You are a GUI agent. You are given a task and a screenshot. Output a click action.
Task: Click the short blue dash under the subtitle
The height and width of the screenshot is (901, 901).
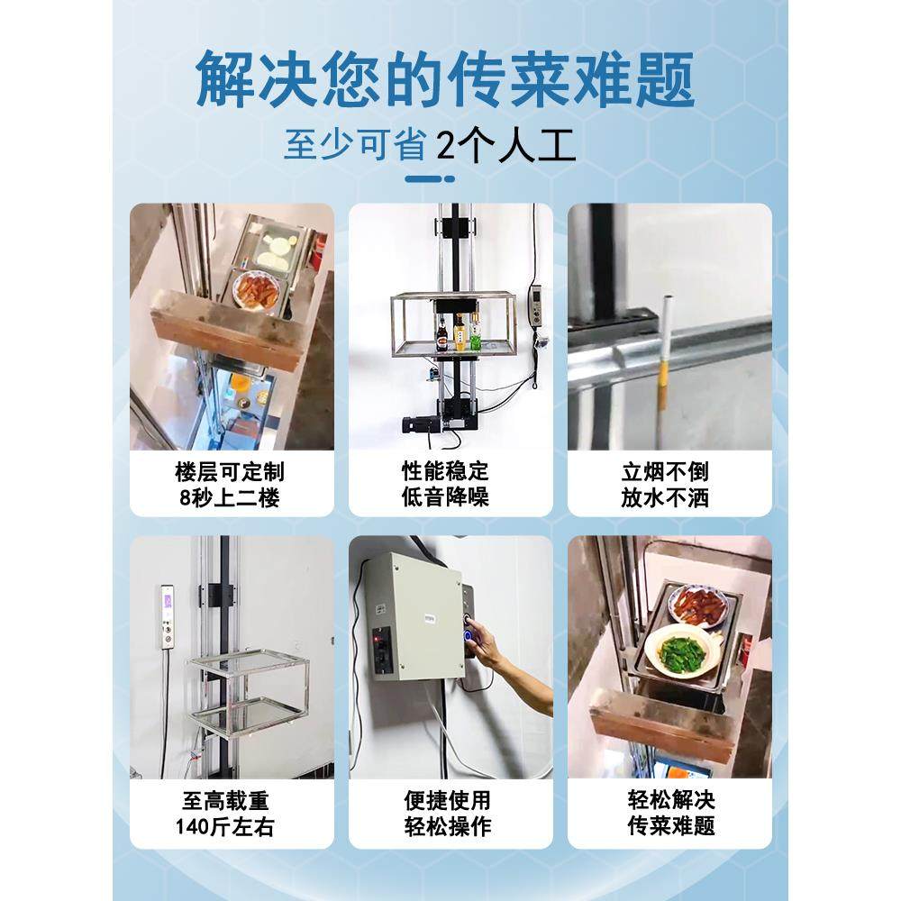pyautogui.click(x=430, y=178)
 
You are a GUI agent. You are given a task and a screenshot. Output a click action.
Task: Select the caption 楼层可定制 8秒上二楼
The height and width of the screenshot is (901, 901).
pyautogui.click(x=232, y=484)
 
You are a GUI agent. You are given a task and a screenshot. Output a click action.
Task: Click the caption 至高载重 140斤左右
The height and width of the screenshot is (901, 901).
pyautogui.click(x=232, y=813)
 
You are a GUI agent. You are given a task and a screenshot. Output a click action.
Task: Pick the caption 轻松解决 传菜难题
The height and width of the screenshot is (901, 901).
pyautogui.click(x=669, y=813)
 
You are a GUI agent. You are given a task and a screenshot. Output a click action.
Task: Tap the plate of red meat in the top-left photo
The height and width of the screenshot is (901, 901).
pyautogui.click(x=254, y=290)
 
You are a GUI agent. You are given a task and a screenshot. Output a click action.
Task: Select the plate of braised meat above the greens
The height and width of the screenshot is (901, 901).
pyautogui.click(x=696, y=603)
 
